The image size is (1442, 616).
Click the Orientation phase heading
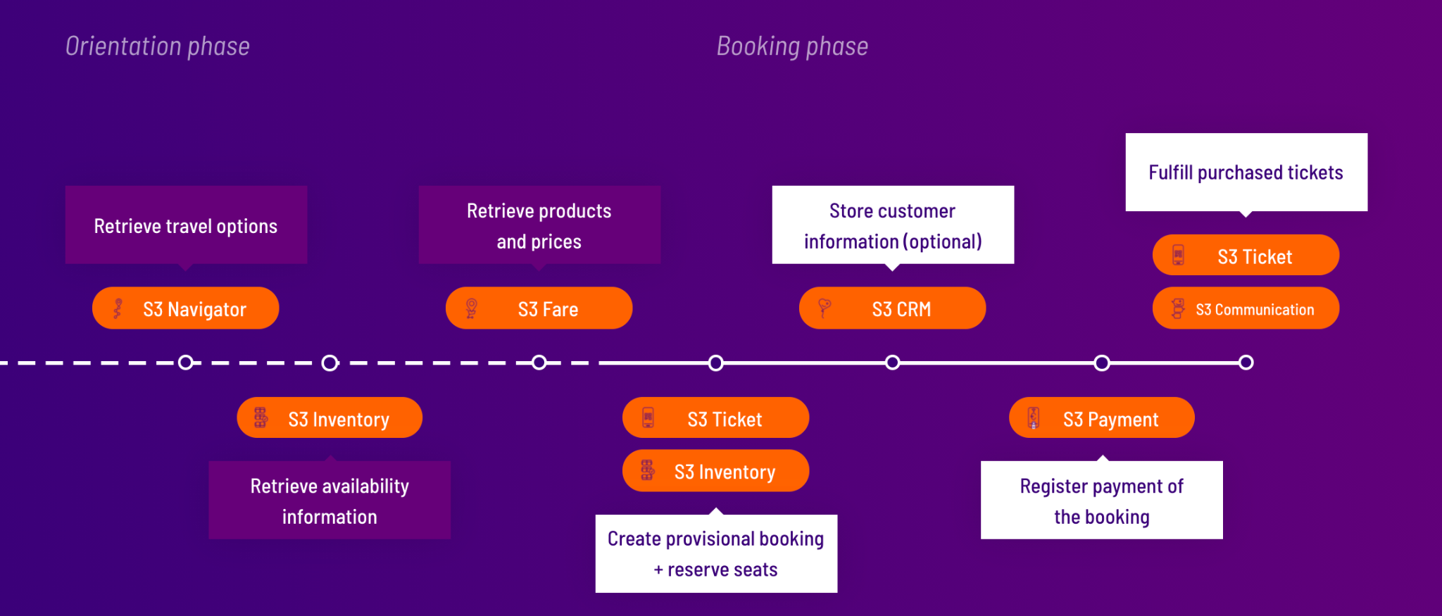click(158, 46)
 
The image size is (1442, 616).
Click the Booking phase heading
click(792, 46)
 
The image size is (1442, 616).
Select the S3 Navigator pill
click(186, 308)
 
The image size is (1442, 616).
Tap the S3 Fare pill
click(539, 308)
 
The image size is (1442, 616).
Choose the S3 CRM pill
click(892, 308)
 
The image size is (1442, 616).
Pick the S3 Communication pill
click(1246, 308)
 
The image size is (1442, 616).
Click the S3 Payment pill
click(1102, 418)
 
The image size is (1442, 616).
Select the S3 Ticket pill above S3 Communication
click(1246, 256)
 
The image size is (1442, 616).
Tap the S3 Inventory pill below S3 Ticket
click(715, 471)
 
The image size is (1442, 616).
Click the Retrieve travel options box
click(186, 225)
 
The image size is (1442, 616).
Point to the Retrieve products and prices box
click(539, 225)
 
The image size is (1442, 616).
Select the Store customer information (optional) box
click(893, 225)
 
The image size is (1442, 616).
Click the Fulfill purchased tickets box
click(1246, 172)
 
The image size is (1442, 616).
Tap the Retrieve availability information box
click(330, 501)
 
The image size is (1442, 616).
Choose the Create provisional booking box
click(716, 554)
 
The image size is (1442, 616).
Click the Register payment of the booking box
click(1102, 501)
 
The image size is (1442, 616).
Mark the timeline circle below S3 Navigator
click(186, 363)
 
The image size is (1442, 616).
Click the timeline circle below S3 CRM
click(892, 363)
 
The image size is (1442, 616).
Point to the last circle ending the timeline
click(1246, 363)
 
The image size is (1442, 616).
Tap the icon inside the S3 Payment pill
click(1034, 418)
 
